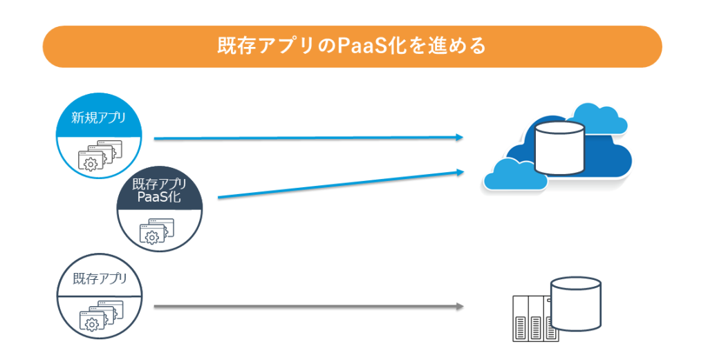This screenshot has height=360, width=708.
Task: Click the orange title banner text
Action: (352, 46)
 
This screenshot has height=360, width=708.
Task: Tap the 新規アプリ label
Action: (99, 117)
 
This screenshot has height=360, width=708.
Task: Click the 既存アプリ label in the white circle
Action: (100, 280)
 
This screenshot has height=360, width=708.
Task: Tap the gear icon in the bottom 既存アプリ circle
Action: (89, 323)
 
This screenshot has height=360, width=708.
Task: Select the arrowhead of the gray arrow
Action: (458, 305)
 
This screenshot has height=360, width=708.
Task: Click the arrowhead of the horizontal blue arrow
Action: (458, 138)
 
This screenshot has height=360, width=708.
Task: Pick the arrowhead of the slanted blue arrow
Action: (459, 172)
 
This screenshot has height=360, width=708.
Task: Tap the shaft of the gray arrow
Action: (304, 305)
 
